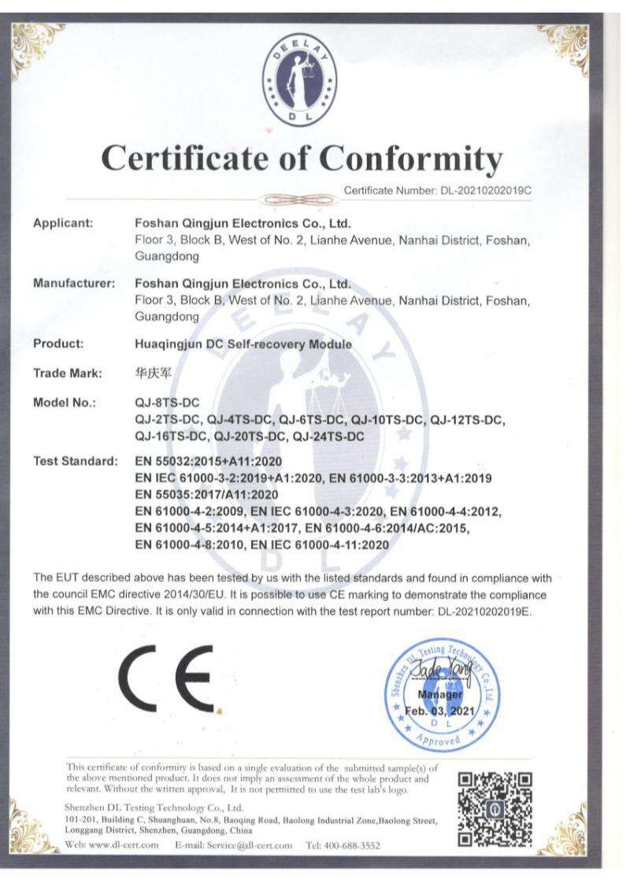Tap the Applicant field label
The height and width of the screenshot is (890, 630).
63,223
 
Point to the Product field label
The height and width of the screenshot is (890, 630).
58,343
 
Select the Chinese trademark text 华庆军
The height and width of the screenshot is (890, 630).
154,373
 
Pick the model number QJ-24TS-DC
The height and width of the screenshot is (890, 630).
328,436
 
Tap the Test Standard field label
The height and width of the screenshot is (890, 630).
76,460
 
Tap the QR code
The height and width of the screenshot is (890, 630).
495,808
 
